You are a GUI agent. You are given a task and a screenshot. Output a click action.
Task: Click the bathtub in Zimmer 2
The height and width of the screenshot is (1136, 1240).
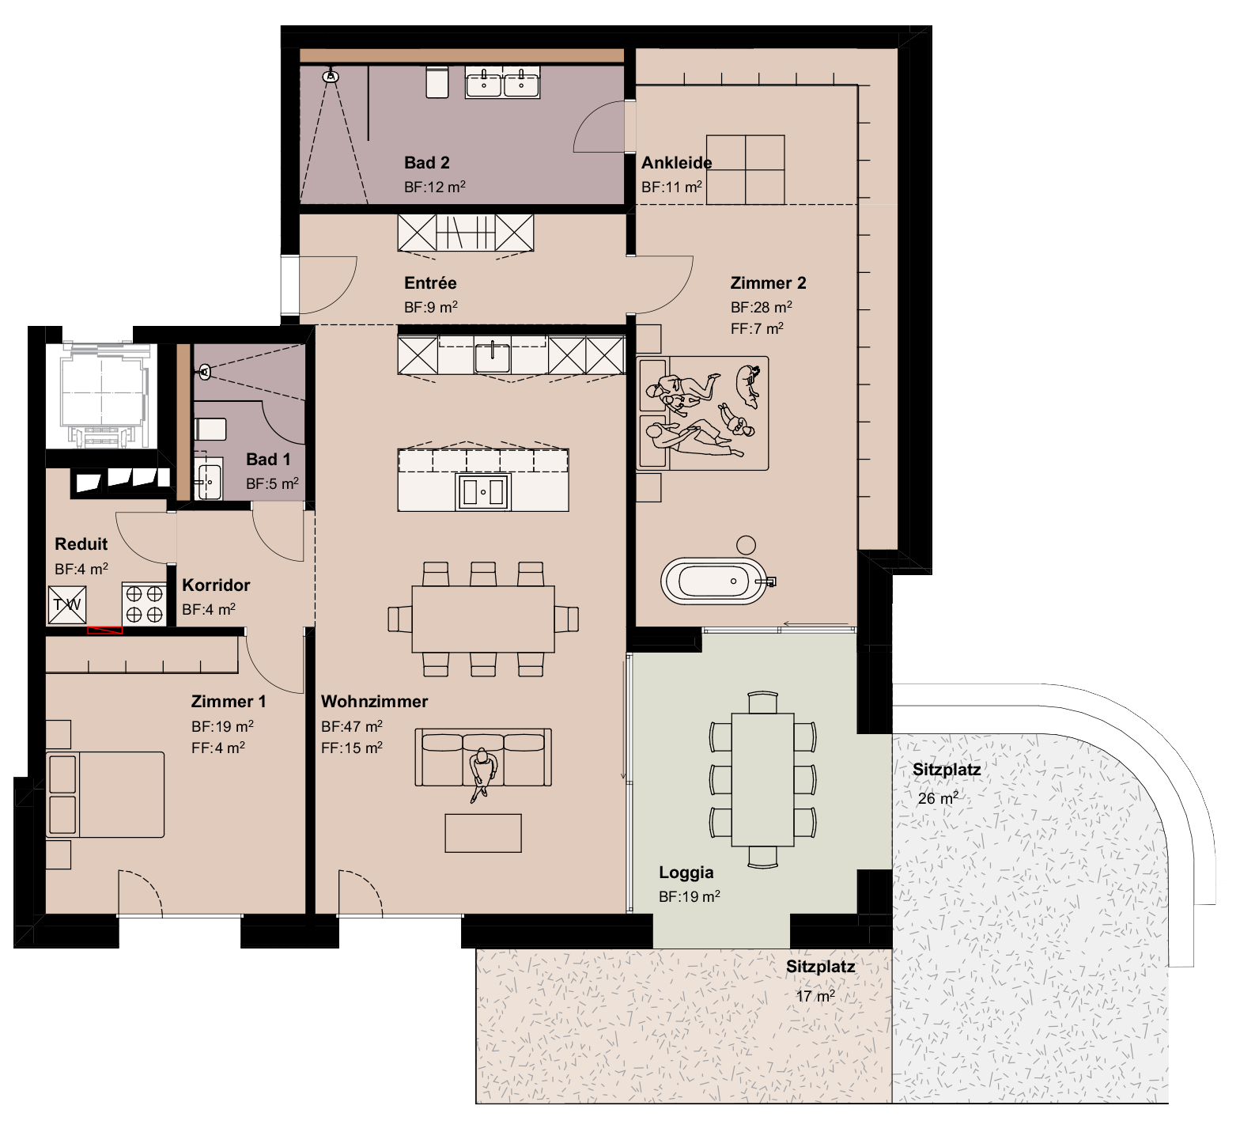point(714,582)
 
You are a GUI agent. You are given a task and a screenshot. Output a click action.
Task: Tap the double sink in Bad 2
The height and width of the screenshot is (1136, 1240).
point(503,83)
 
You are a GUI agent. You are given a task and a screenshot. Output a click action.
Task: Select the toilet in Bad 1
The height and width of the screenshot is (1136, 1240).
point(210,430)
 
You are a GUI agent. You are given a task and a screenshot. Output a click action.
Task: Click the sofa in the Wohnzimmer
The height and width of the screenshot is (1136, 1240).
point(483,757)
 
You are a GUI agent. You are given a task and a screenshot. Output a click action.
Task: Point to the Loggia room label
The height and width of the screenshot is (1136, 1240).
point(686,873)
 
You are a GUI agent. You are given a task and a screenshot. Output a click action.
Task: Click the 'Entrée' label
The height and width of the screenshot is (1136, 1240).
point(430,283)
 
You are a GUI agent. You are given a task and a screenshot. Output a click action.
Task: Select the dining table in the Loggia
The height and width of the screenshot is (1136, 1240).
point(762,778)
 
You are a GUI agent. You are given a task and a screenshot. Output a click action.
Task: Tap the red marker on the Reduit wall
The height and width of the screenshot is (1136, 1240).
point(104,630)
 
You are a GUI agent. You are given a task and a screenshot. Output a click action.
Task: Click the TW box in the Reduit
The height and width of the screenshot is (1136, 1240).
point(67,605)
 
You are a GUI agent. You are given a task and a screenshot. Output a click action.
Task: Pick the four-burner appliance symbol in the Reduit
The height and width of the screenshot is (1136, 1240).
point(144,604)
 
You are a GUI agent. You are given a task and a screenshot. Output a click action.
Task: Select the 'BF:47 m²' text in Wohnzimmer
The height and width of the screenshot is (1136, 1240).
point(352,726)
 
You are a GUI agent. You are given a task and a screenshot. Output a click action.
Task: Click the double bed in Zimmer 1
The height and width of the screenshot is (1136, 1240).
point(105,794)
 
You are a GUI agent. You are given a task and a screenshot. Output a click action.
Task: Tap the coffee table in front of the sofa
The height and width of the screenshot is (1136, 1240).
point(483,833)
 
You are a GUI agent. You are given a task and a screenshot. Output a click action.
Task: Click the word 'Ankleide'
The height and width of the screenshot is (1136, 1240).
point(676,163)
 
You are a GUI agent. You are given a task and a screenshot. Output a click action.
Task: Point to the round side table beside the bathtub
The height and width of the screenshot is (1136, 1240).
point(745,545)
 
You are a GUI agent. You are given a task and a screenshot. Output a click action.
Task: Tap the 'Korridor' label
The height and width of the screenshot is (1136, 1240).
point(216,585)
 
